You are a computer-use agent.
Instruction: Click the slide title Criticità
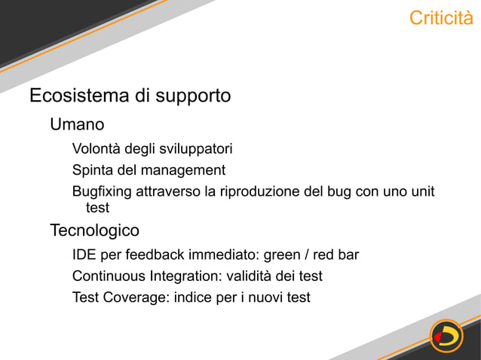click(440, 18)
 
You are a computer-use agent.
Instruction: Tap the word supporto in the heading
click(193, 96)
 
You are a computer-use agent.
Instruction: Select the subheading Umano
click(76, 124)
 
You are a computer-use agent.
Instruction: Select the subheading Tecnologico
click(94, 230)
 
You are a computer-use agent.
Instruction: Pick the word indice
click(194, 297)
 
